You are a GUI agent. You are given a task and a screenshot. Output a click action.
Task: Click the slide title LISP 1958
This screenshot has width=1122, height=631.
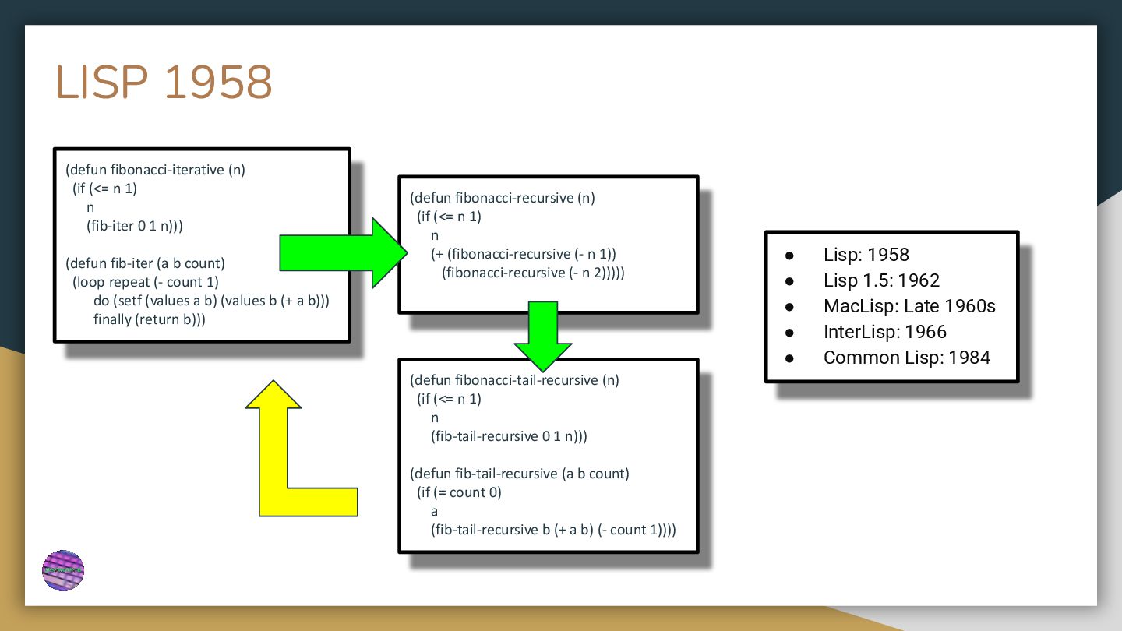click(x=164, y=83)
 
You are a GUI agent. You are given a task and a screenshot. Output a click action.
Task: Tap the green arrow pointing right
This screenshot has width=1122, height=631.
click(x=343, y=253)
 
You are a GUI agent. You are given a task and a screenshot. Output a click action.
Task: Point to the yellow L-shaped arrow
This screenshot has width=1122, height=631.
click(x=288, y=467)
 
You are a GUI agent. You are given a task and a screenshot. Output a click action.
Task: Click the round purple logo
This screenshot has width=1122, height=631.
click(x=63, y=571)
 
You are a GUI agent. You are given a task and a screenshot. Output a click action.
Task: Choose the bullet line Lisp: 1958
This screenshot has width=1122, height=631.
click(x=866, y=255)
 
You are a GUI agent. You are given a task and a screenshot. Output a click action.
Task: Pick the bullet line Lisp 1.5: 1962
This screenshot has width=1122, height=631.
click(x=881, y=280)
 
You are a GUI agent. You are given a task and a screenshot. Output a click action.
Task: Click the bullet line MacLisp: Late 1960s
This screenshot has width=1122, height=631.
click(x=909, y=306)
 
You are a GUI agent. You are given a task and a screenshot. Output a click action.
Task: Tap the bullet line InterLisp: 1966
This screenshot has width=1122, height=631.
click(x=884, y=332)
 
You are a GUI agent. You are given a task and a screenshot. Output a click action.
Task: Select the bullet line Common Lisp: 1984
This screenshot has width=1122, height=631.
click(x=906, y=358)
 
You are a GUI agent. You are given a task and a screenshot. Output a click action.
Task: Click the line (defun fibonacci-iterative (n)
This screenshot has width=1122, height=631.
click(x=155, y=170)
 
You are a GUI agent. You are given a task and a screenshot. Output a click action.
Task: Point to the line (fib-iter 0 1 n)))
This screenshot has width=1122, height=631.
click(x=135, y=226)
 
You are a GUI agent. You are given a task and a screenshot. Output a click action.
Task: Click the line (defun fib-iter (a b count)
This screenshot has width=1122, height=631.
click(x=145, y=263)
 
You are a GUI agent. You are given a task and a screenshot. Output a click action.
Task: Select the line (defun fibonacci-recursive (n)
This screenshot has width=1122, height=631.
click(x=503, y=198)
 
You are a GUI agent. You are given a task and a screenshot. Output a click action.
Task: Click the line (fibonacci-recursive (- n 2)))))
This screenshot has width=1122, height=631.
click(x=533, y=273)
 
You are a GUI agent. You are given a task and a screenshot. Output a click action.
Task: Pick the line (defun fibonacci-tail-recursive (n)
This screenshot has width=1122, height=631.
click(x=514, y=380)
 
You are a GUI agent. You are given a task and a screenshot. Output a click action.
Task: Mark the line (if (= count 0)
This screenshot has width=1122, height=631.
click(x=460, y=492)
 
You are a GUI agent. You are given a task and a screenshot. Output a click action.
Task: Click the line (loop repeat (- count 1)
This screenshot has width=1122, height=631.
click(x=146, y=282)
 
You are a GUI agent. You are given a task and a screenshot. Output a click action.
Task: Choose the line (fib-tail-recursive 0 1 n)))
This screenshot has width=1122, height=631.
click(x=509, y=436)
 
